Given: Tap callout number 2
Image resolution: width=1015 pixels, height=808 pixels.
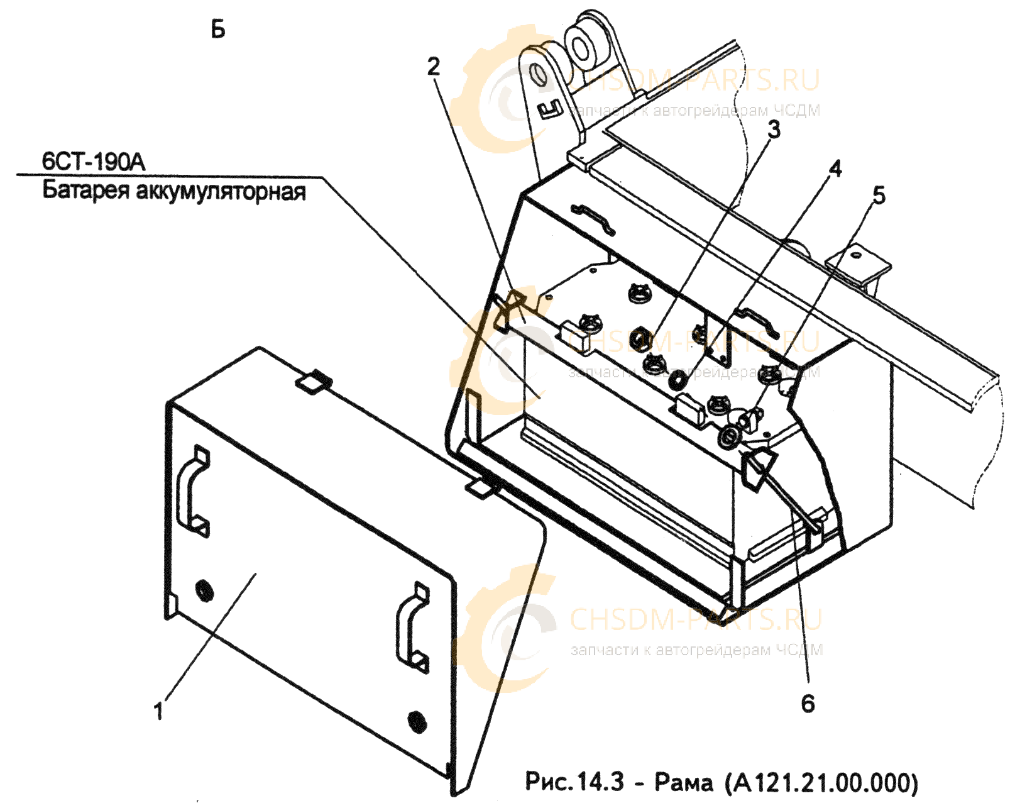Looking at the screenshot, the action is pos(434,67).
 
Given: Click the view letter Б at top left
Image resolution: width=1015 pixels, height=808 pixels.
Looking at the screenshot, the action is pos(218,31).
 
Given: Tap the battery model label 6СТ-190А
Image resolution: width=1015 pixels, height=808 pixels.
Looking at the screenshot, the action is pos(94,163).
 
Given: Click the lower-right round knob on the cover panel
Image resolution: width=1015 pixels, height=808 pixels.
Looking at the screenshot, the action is pos(415,721).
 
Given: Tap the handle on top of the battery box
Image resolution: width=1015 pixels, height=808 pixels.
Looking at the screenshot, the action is pos(593,218).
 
